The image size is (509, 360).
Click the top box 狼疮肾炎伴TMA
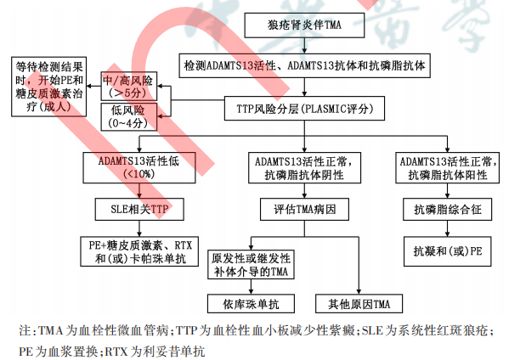[x=304, y=25]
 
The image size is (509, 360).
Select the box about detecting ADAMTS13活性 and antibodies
[x=304, y=65]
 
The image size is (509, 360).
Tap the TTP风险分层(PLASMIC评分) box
[x=304, y=109]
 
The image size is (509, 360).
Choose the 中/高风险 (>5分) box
[x=129, y=87]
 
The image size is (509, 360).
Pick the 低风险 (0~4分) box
[x=129, y=117]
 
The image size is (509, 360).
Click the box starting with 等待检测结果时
[x=48, y=87]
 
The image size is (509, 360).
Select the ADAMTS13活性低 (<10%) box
[x=139, y=167]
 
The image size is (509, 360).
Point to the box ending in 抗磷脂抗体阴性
[x=304, y=167]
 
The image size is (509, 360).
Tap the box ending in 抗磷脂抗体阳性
[x=447, y=167]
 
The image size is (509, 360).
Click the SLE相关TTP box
[x=139, y=209]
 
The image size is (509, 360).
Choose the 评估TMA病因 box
[x=304, y=209]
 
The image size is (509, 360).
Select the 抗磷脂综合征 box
[x=447, y=209]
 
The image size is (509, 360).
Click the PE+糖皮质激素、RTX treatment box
[x=139, y=251]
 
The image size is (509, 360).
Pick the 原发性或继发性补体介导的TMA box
[x=251, y=264]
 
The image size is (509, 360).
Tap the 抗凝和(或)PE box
[x=447, y=251]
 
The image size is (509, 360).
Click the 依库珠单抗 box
[x=251, y=304]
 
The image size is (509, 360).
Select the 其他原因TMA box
[x=359, y=304]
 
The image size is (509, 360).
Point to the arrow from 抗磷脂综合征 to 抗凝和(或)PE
[x=447, y=228]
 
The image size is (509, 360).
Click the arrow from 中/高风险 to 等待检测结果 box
[x=93, y=87]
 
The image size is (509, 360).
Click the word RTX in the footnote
[x=116, y=352]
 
